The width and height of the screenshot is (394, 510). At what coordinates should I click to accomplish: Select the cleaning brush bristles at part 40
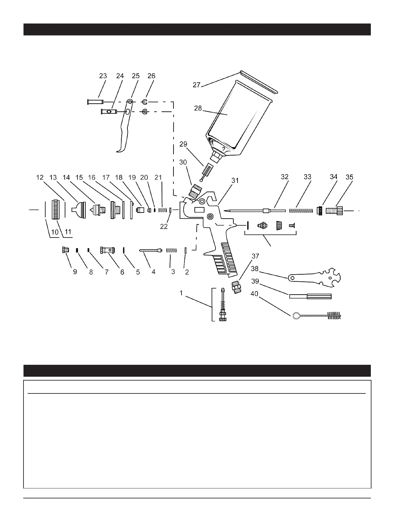pyautogui.click(x=335, y=316)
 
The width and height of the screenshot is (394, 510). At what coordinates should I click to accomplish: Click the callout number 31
pyautogui.click(x=235, y=181)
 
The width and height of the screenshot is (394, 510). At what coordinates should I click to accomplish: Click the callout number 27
pyautogui.click(x=197, y=85)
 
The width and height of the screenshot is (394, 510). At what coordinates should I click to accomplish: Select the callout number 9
pyautogui.click(x=75, y=272)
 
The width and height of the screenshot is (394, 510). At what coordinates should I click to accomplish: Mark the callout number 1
pyautogui.click(x=182, y=293)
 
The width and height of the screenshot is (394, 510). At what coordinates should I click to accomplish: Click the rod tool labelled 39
pyautogui.click(x=311, y=296)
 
